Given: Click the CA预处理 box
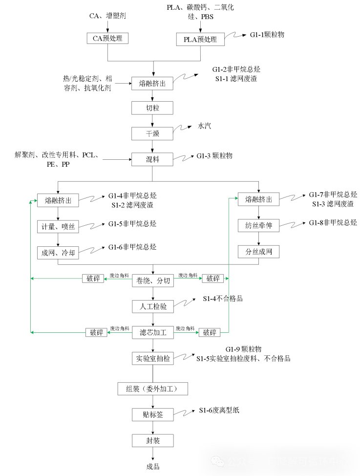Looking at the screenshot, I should point(107,39).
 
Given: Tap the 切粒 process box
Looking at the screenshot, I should point(152,108).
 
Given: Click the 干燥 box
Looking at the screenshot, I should point(152,133).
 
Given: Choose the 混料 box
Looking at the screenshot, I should point(152,159).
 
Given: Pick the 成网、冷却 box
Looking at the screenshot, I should point(58,252).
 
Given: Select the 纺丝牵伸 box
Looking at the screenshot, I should point(258,226).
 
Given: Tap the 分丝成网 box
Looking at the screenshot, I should point(258,252).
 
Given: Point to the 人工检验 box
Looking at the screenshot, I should point(153,306).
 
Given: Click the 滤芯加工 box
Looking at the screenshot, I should point(153,333).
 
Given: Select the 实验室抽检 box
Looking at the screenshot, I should point(153,359).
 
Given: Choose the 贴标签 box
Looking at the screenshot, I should point(153,415).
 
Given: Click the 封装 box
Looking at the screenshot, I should point(153,440).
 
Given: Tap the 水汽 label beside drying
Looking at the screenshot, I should point(205,126).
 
